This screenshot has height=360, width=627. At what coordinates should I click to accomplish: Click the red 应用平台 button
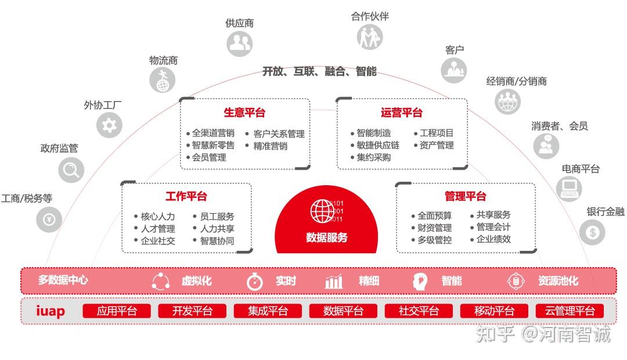coord(117,311)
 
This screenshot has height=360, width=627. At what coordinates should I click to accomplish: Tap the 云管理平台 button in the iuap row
coord(570,311)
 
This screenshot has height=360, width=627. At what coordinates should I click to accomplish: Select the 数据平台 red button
coord(343,311)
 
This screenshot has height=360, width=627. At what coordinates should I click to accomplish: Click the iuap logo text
coord(51,311)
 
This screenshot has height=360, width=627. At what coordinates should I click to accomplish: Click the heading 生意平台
coord(244,113)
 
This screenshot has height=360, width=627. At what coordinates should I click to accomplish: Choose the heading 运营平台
coord(402,113)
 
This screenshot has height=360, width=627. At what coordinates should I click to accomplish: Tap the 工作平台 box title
coord(186,197)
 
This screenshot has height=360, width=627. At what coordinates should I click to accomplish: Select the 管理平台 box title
coord(466,197)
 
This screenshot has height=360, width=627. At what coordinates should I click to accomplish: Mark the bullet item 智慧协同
coord(217,241)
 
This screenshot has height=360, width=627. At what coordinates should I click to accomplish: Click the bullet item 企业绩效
coord(493,239)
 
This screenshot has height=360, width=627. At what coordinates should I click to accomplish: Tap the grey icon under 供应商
coord(239,43)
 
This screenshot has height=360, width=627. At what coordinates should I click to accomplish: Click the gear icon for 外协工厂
coord(109,125)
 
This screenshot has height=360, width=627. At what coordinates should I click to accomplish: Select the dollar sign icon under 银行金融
coord(592,233)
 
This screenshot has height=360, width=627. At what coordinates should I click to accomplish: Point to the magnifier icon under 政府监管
coord(71,171)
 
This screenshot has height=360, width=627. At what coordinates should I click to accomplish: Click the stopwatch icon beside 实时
coord(255,282)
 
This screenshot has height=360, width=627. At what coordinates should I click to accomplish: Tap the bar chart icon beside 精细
coord(334,282)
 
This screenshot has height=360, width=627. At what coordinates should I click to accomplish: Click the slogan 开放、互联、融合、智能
coord(319,71)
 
